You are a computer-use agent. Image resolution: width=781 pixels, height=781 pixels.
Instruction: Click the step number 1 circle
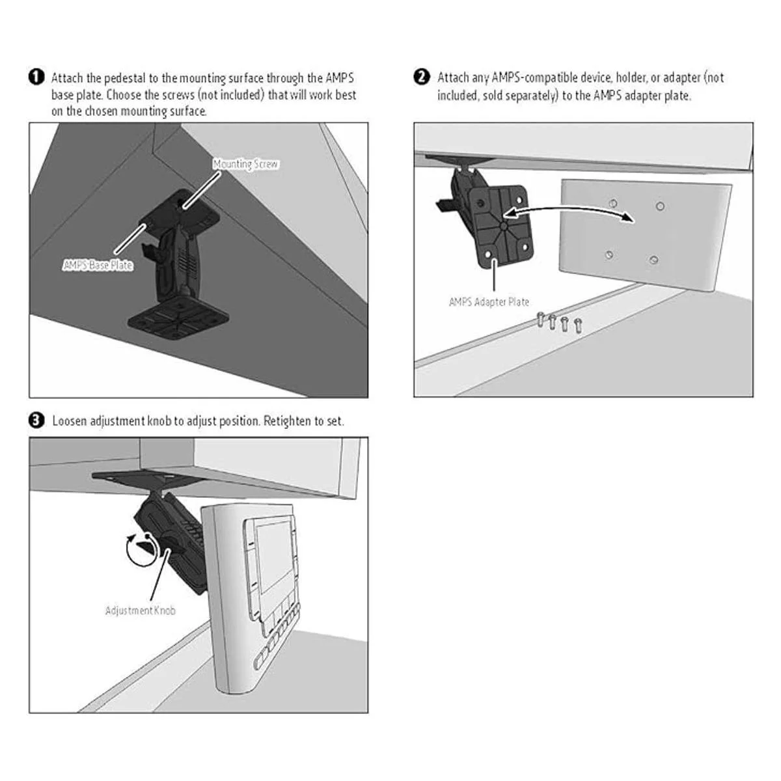click(x=36, y=77)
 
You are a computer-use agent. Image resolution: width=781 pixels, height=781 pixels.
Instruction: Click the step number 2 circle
click(x=422, y=77)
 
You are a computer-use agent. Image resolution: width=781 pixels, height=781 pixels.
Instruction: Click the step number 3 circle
click(x=36, y=420)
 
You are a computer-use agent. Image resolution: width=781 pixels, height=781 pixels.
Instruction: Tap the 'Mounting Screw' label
click(x=245, y=164)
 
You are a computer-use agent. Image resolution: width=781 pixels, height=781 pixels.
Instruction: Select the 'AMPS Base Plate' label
click(x=98, y=266)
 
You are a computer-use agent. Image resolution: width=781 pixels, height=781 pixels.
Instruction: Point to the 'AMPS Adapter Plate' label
click(x=489, y=302)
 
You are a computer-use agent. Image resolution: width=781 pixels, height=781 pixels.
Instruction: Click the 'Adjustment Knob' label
click(x=140, y=610)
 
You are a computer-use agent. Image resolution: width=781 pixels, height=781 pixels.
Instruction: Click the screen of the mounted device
click(x=274, y=557)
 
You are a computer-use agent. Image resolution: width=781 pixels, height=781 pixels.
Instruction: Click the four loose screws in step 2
click(x=560, y=322)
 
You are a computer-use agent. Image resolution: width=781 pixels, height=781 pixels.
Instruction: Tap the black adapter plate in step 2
click(x=501, y=226)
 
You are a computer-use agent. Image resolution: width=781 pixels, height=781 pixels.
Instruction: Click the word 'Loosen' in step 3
click(x=69, y=421)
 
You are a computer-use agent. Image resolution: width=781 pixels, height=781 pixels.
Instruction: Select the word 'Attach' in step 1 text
click(x=67, y=78)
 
